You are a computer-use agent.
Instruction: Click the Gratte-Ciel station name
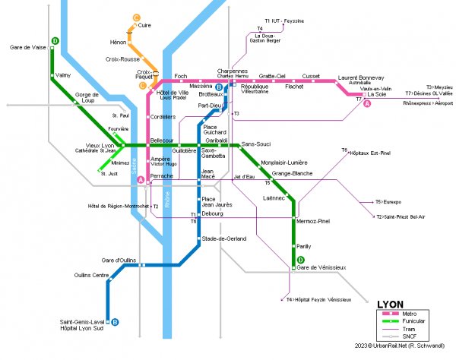[x=271, y=76]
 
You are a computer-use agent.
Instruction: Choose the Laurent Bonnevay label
[x=361, y=77]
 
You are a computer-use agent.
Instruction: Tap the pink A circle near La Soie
[x=368, y=104]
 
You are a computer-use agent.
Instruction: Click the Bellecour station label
[x=163, y=140]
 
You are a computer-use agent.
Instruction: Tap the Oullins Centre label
[x=91, y=275]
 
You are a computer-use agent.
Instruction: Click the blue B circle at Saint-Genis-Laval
[x=115, y=322]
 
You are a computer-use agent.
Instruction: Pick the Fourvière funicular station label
[x=119, y=129]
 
